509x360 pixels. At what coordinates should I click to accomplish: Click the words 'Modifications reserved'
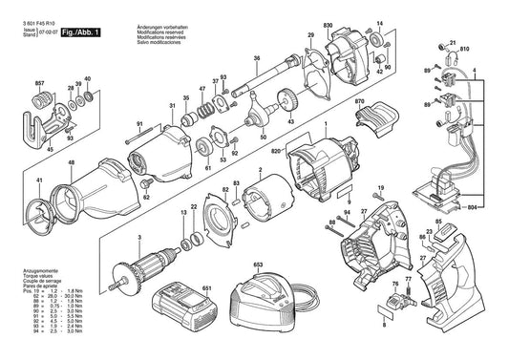coord(219,16)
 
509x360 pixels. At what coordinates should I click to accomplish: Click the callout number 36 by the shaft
coord(256,59)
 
